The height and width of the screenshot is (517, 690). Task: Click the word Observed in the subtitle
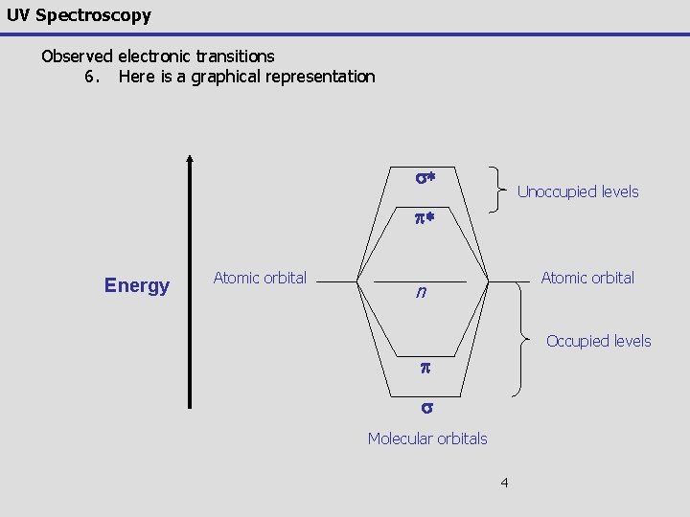click(x=77, y=56)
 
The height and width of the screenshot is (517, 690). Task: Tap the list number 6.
click(x=92, y=77)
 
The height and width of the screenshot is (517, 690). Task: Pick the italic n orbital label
click(x=421, y=294)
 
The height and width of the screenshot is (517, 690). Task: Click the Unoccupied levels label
click(x=577, y=192)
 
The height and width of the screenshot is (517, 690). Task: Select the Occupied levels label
click(x=598, y=341)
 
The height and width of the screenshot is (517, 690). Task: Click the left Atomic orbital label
click(x=260, y=278)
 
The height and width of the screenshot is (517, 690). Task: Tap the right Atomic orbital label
click(x=587, y=278)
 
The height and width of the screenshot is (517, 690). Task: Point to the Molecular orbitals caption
click(x=427, y=438)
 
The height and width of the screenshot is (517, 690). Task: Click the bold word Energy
click(x=137, y=285)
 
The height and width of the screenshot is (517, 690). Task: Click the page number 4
click(x=504, y=482)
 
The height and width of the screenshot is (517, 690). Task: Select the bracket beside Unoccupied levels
click(x=500, y=189)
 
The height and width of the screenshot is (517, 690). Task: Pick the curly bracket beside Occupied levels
click(x=522, y=340)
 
